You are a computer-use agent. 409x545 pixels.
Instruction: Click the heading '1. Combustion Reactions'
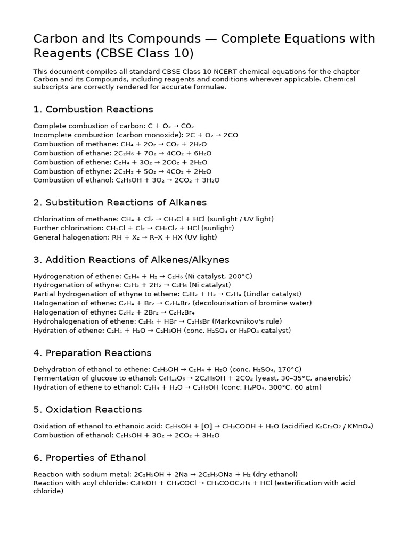click(93, 110)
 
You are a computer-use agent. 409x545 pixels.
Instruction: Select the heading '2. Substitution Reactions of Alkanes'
click(120, 203)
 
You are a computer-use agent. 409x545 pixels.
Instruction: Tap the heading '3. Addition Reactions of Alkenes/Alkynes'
click(131, 260)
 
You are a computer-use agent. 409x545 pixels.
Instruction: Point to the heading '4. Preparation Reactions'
click(92, 353)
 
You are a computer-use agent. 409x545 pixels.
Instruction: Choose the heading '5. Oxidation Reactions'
click(87, 410)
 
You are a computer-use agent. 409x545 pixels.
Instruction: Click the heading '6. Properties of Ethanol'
click(89, 458)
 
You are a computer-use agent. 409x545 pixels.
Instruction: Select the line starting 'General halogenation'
click(125, 237)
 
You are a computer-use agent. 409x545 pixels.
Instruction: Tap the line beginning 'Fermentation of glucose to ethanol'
click(192, 378)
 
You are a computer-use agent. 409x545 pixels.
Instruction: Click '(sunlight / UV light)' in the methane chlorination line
click(239, 219)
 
